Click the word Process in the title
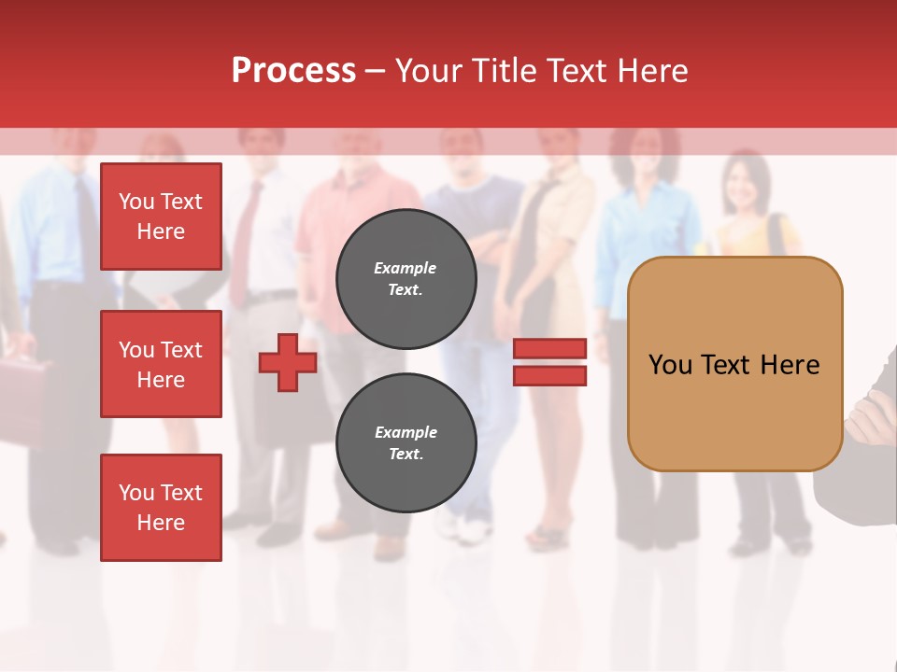coord(293,71)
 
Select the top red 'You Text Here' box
coord(161,217)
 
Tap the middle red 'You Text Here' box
coord(161,364)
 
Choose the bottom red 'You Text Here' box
coord(161,508)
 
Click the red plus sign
coord(288,362)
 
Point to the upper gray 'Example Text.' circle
coord(406,279)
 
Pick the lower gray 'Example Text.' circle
coord(406,443)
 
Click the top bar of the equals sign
coord(549,348)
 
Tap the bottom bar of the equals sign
coord(549,375)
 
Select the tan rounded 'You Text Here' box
coord(734,364)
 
